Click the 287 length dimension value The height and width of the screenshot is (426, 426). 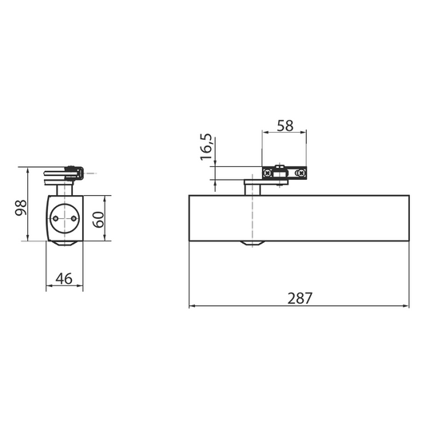300,298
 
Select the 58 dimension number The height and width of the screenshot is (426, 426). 285,125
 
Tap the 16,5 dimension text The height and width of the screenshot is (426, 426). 206,147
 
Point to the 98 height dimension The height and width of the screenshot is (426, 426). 21,208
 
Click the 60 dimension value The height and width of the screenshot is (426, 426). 98,219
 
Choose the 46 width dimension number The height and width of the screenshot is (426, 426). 64,278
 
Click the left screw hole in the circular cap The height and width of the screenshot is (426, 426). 56,218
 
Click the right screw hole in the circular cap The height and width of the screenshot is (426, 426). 74,218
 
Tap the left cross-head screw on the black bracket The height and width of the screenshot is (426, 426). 268,173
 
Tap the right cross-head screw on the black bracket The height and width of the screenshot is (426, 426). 301,173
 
